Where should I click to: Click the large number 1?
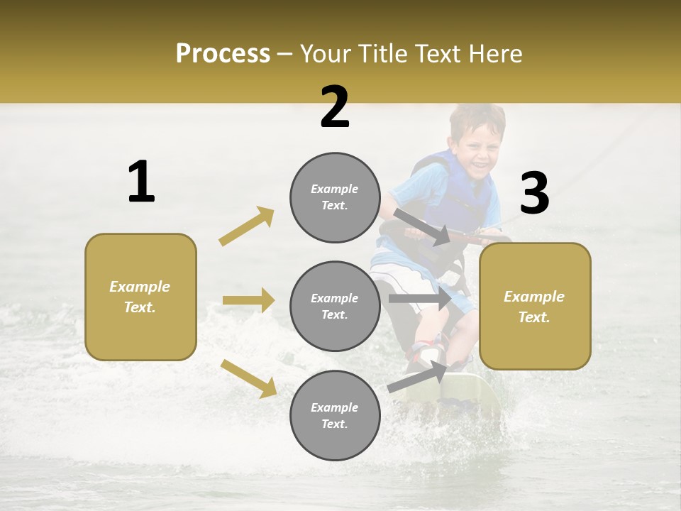[141, 182]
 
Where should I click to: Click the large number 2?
[335, 107]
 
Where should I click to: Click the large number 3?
[534, 193]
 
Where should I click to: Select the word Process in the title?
[223, 53]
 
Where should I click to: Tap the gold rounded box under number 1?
[140, 297]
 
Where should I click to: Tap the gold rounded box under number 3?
[535, 306]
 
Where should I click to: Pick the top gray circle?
[335, 197]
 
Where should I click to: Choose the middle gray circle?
[335, 306]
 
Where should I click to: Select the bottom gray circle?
[335, 415]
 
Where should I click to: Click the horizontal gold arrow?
[248, 300]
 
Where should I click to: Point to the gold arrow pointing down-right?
[248, 378]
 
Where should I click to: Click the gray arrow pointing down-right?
[423, 227]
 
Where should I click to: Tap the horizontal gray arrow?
[419, 298]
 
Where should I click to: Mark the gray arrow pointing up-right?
[418, 377]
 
